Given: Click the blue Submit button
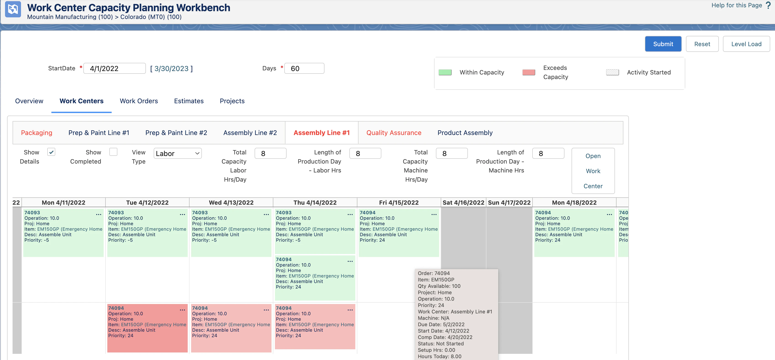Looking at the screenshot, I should coord(663,44).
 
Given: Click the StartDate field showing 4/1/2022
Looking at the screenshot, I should coord(114,68).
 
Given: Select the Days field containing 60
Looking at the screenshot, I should coord(304,68).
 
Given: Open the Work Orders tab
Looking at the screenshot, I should coord(139,101).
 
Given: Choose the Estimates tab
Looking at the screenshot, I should coord(189,101).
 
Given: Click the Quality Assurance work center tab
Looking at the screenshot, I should coord(393,133).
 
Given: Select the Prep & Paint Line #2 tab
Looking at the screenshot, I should coord(176,133).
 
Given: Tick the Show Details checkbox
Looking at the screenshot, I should coord(51,152).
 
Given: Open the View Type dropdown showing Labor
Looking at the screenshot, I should coord(177,154).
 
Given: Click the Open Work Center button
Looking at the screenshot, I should coord(593,171).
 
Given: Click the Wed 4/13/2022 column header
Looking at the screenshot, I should coord(231,203).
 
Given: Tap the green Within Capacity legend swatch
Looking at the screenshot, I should coord(445,72).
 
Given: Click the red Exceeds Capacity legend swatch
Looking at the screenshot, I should coord(529,72).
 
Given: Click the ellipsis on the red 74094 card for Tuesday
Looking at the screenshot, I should coord(182,310).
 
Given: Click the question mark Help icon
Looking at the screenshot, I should coord(768,5).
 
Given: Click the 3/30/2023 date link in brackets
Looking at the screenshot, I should coord(171,69).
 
